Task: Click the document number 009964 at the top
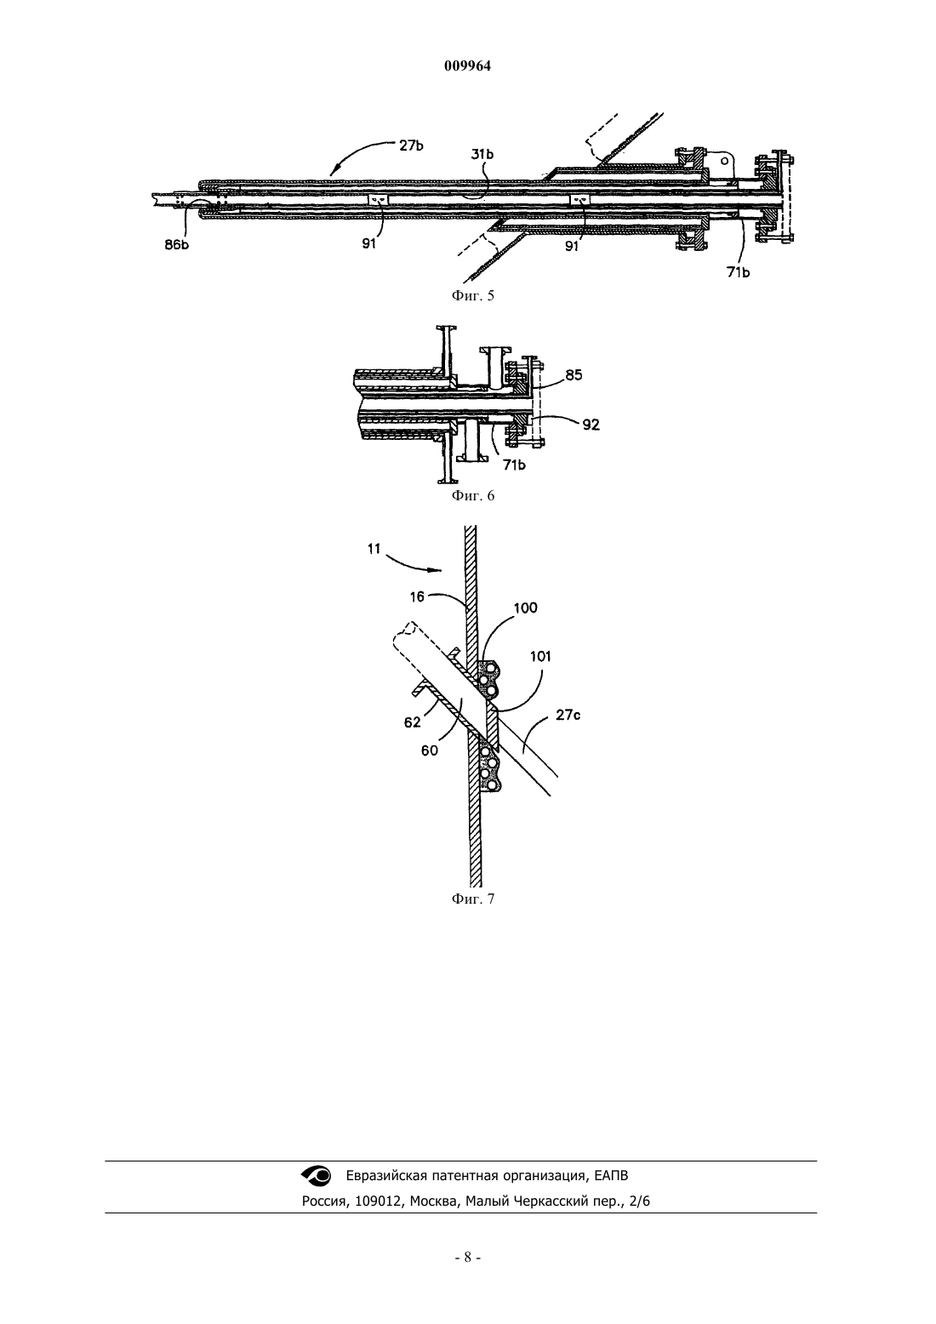[467, 66]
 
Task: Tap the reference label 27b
[411, 146]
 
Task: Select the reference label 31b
[482, 154]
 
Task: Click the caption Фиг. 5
[473, 295]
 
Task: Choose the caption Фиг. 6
[473, 495]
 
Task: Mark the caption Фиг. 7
[473, 899]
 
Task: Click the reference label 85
[574, 374]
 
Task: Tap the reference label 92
[591, 425]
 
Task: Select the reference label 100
[525, 608]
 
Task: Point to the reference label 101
[540, 656]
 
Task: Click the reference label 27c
[568, 716]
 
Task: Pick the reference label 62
[412, 722]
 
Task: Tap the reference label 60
[430, 750]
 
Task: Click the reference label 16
[417, 597]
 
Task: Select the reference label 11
[374, 549]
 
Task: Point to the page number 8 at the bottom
[467, 1258]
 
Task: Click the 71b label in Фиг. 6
[514, 465]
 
